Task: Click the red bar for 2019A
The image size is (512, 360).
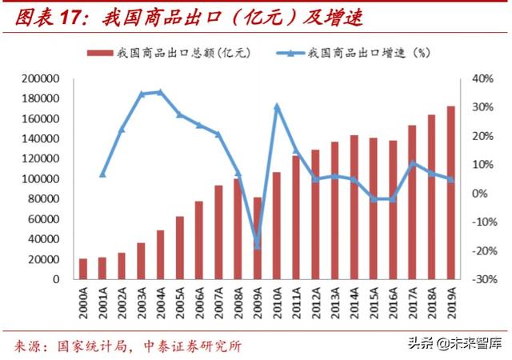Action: (450, 193)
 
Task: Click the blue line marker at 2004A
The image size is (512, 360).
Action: (160, 92)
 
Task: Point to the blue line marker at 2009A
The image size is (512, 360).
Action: (257, 243)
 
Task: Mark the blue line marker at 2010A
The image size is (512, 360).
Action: (276, 106)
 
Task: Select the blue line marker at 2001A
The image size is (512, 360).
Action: (102, 174)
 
